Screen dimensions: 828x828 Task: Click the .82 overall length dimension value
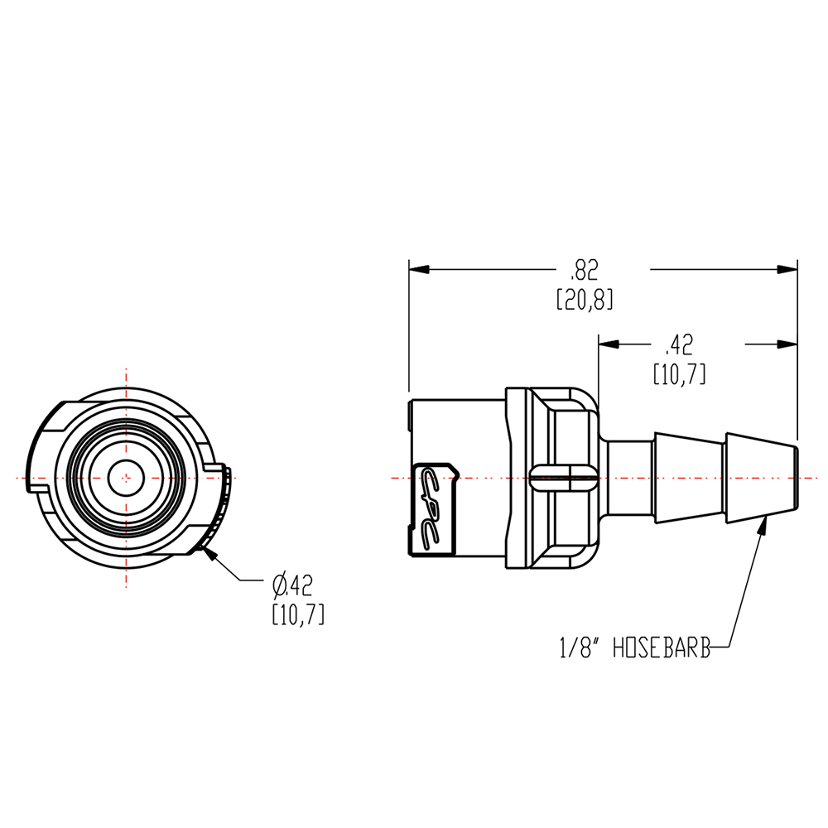tap(584, 270)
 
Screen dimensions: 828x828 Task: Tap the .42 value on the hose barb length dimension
tap(679, 343)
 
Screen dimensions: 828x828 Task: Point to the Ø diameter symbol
tap(280, 586)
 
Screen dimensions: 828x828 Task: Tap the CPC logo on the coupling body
tap(434, 508)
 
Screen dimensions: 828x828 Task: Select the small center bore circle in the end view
tap(126, 477)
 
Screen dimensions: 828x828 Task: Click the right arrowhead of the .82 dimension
tap(787, 270)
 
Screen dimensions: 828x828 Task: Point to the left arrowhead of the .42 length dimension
tap(609, 343)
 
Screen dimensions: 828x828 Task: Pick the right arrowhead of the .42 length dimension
tap(787, 343)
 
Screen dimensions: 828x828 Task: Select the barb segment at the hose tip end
tap(760, 478)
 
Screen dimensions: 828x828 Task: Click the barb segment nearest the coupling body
tap(689, 478)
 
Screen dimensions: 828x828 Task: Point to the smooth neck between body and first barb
tap(629, 478)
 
